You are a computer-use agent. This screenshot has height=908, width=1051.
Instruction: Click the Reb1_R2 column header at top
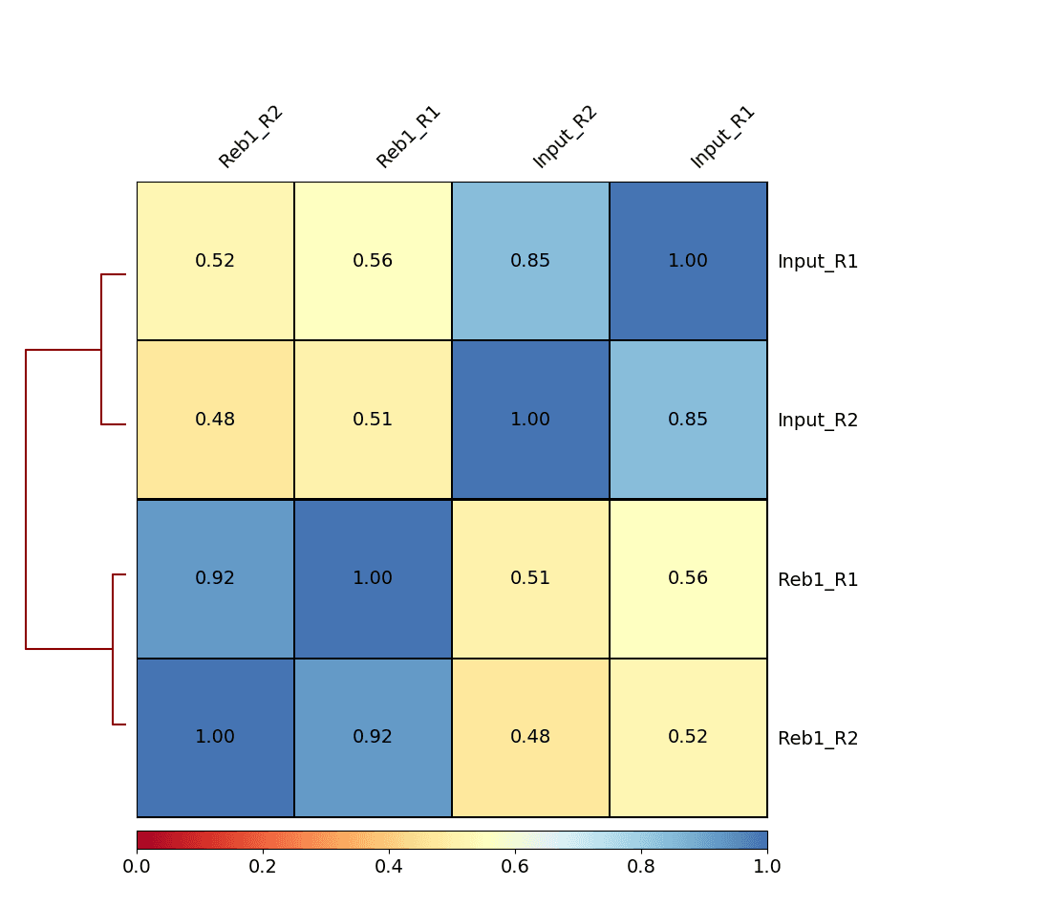coord(250,137)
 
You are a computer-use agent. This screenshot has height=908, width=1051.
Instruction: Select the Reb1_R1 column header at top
coord(408,137)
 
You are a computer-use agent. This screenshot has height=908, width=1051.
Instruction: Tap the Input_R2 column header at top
coord(565,137)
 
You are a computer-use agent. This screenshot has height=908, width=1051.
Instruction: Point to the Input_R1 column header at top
coord(722,137)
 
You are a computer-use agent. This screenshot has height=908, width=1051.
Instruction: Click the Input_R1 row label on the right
coord(818,262)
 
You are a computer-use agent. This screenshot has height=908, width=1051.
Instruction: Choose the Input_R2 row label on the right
coord(818,421)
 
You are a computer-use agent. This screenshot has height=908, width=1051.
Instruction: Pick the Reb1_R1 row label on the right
coord(818,580)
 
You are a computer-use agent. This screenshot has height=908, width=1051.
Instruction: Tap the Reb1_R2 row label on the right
coord(818,739)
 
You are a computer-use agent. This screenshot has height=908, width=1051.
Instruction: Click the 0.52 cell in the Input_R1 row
coord(215,261)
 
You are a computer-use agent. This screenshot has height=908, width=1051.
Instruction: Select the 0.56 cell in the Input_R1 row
coord(373,261)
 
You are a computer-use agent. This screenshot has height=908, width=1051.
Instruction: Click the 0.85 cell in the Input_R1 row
coord(530,261)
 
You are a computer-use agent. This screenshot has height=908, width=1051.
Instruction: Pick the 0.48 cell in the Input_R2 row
coord(215,420)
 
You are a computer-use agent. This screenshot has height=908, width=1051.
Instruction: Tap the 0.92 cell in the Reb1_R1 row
coord(215,578)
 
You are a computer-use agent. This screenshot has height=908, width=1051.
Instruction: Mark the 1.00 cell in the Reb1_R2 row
coord(215,737)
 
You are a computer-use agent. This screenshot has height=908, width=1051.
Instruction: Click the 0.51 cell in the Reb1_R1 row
coord(530,578)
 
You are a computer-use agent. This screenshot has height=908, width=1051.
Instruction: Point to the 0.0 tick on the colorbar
coord(137,867)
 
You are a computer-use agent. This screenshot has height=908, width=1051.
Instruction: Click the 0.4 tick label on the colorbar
coord(389,867)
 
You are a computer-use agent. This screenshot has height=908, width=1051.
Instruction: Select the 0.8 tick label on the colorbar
coord(641,867)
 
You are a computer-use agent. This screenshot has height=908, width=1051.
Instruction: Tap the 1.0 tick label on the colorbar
coord(767,867)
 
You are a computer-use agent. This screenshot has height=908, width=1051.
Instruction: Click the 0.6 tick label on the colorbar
coord(515,867)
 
